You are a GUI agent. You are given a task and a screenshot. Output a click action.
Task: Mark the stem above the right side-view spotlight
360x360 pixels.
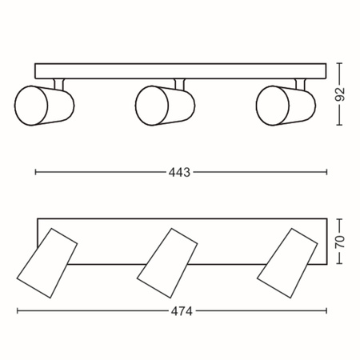click(301, 82)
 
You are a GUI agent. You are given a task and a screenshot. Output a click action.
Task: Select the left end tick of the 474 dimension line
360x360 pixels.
click(17, 311)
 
